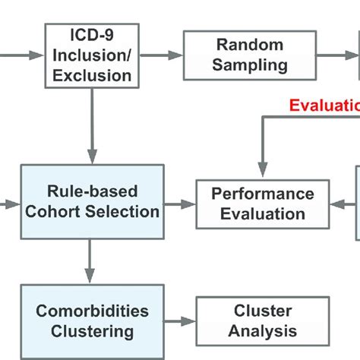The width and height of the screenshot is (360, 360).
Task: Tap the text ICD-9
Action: coord(93,35)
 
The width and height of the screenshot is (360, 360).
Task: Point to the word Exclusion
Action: coord(93,74)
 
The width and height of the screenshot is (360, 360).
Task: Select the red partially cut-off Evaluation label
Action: coord(324,106)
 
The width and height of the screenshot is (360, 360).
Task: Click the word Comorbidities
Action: coord(92,311)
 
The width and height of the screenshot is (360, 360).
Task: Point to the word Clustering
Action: coord(92,332)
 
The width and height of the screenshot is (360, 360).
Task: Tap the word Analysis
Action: coord(262,332)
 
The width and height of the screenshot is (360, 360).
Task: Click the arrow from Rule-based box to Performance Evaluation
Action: coord(180,204)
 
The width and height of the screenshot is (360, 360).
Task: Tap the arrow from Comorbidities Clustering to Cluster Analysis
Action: coord(180,322)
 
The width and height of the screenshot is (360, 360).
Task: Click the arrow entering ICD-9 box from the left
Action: coord(23,55)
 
